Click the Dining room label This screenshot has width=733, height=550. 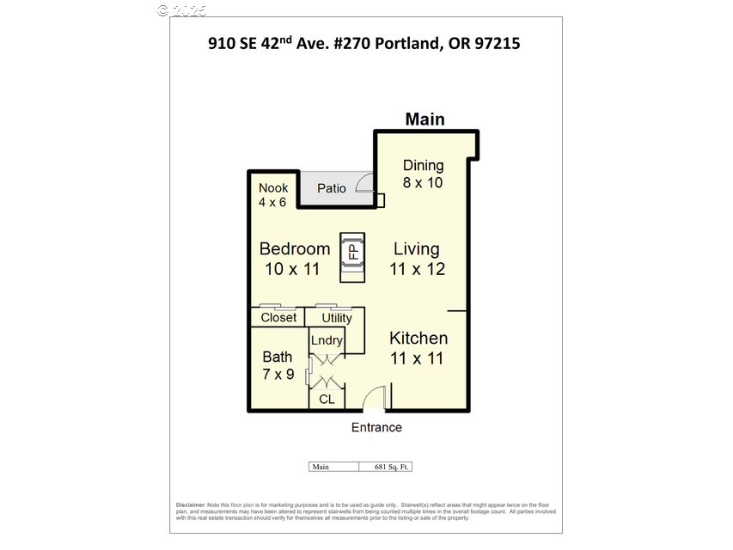[x=423, y=165]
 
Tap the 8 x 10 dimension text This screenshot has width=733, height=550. [x=423, y=182]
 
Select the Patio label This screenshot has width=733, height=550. [x=331, y=188]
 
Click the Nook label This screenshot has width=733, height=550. [x=273, y=187]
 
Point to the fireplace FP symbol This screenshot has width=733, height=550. [x=351, y=253]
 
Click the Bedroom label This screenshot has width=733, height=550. [x=295, y=249]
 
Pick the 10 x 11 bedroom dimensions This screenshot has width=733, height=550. [x=292, y=269]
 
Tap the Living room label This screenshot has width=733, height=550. [x=417, y=249]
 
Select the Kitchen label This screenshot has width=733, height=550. [x=418, y=338]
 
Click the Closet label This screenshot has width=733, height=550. [x=278, y=317]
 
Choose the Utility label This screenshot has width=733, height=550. [x=336, y=318]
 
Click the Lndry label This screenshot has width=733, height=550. [x=327, y=340]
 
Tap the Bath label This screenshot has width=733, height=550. [x=277, y=357]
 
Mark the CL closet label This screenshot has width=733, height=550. [x=327, y=400]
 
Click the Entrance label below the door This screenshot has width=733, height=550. [x=376, y=427]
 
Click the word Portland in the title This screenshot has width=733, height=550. [x=399, y=43]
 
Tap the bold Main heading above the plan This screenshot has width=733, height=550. [x=425, y=119]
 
